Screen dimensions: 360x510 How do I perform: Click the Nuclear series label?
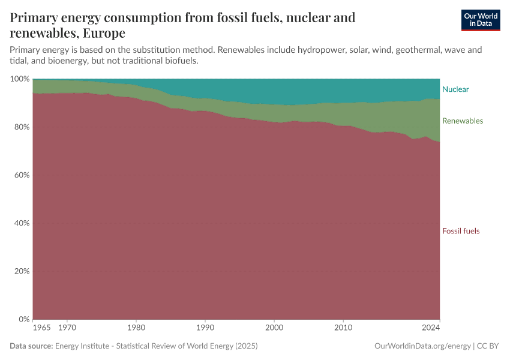point(455,89)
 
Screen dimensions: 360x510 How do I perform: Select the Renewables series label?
point(462,121)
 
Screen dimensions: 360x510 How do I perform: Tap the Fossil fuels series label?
point(461,231)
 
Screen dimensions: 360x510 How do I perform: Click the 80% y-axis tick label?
point(21,127)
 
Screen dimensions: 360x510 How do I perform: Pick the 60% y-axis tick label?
point(21,175)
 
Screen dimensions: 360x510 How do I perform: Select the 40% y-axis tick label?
point(21,223)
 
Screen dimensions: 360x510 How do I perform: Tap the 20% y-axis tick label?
point(21,271)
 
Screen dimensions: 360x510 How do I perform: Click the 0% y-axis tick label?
point(23,319)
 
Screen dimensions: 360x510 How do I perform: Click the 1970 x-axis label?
point(67,328)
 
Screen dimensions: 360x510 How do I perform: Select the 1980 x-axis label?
point(136,328)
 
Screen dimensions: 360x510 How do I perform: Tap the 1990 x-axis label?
point(205,328)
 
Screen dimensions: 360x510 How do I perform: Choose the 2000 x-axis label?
point(274,328)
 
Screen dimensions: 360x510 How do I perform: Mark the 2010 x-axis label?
point(343,328)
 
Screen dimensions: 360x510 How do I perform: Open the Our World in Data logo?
point(480,20)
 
